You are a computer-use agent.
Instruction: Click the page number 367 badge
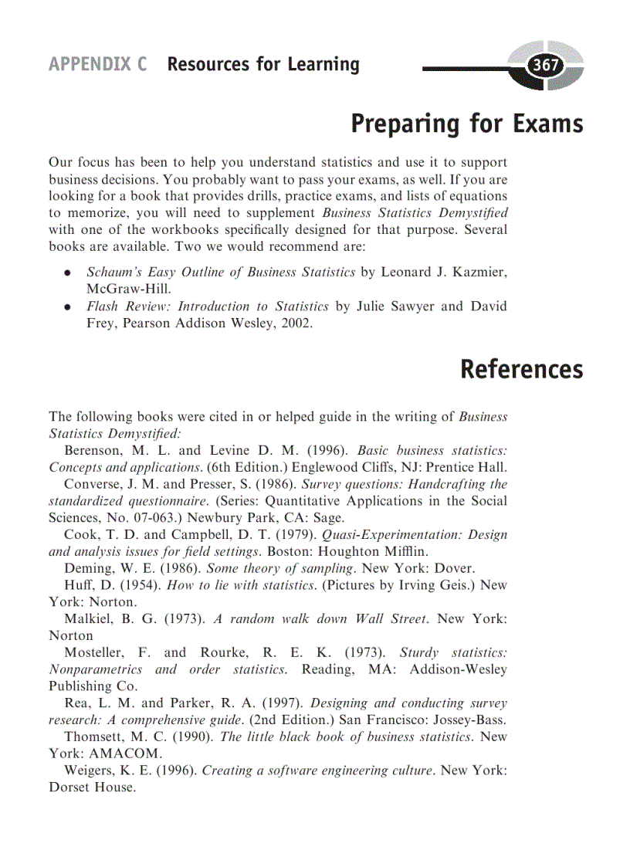click(546, 66)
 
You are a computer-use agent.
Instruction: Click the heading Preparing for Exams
click(466, 124)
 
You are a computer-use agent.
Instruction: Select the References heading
click(521, 369)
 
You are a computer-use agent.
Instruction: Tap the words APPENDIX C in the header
click(97, 64)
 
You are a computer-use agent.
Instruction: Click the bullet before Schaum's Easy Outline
click(69, 273)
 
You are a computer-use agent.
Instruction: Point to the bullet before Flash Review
click(69, 307)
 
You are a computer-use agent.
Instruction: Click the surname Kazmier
click(478, 273)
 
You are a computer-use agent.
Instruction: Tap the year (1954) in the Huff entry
click(141, 585)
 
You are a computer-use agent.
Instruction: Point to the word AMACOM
click(118, 754)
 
